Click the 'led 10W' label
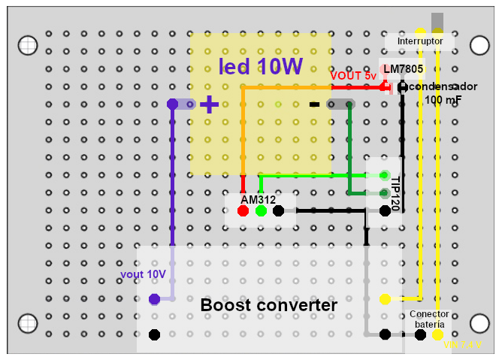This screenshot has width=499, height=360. [260, 67]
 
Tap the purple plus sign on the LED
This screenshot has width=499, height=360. [210, 104]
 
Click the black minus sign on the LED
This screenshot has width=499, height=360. [315, 104]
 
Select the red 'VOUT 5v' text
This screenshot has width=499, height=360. [353, 76]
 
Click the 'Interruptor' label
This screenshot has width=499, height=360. [420, 41]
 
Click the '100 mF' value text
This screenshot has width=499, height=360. [443, 100]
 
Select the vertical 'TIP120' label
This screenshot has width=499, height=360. [395, 190]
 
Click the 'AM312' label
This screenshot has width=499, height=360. [258, 200]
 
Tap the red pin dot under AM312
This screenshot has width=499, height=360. [243, 211]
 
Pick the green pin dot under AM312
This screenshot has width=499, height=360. [261, 211]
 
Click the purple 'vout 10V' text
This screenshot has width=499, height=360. [143, 274]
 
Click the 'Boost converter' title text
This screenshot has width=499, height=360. [268, 306]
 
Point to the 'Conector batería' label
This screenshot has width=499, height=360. [429, 319]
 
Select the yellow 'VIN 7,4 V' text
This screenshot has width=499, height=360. [463, 345]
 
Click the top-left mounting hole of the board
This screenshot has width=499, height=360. [28, 45]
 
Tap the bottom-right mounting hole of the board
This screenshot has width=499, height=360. [479, 323]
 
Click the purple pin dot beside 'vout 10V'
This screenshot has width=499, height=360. [154, 299]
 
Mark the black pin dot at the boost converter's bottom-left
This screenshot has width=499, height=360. [154, 334]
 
